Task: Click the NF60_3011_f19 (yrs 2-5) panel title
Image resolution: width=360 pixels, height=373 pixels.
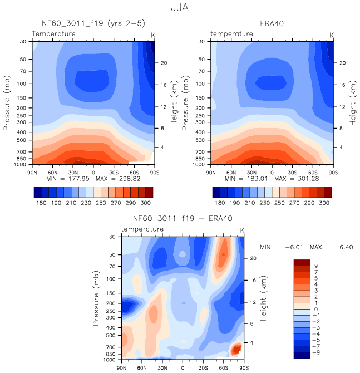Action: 92,24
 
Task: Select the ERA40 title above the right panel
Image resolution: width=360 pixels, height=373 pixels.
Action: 272,24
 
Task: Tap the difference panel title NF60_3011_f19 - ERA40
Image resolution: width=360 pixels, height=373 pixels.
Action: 183,219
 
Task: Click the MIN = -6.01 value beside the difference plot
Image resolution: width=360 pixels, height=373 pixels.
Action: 284,247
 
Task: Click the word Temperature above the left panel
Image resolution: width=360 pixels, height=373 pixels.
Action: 53,35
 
